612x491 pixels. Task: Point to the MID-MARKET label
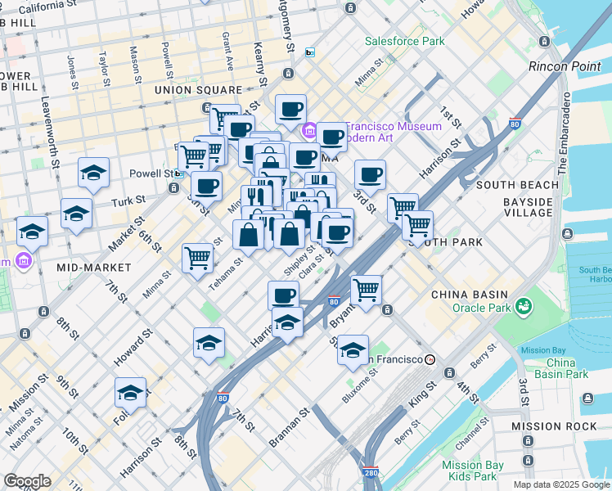pyautogui.click(x=94, y=268)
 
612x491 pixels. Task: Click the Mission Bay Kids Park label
pyautogui.click(x=472, y=471)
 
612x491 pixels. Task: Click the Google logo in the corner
pyautogui.click(x=26, y=481)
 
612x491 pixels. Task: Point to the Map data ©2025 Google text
pyautogui.click(x=560, y=484)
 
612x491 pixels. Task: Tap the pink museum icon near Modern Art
pyautogui.click(x=310, y=131)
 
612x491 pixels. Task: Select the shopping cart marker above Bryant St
pyautogui.click(x=366, y=288)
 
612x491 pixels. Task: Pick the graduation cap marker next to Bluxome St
pyautogui.click(x=353, y=350)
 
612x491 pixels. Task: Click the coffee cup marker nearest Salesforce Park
pyautogui.click(x=290, y=108)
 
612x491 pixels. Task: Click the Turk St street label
pyautogui.click(x=128, y=200)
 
